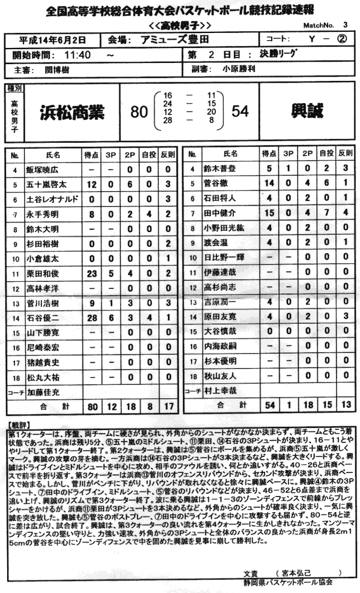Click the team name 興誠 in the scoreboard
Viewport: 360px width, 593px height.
pyautogui.click(x=307, y=112)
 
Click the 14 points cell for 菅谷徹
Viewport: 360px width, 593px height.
pyautogui.click(x=270, y=183)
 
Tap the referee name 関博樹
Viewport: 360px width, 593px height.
pyautogui.click(x=61, y=69)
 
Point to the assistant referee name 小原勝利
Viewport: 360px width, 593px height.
pyautogui.click(x=238, y=69)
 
